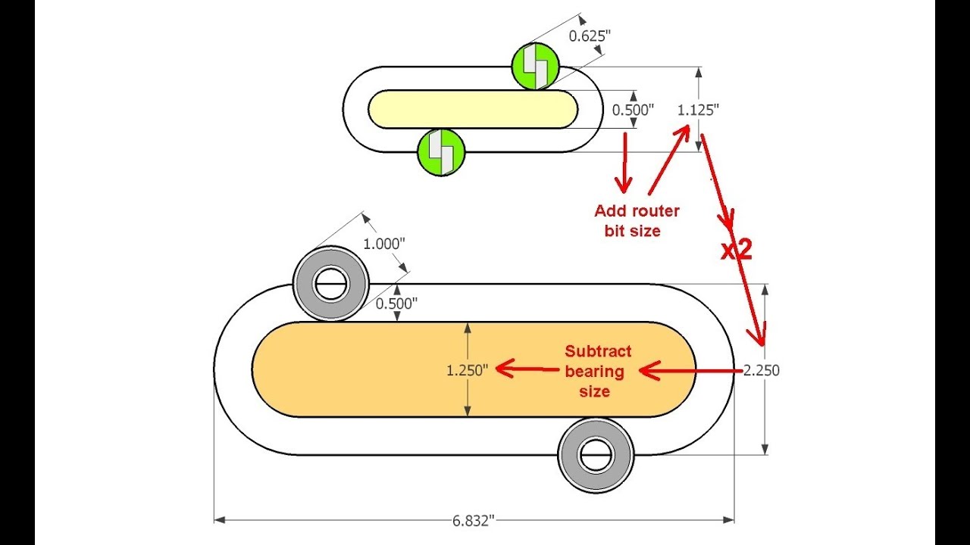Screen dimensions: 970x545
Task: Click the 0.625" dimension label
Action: click(590, 36)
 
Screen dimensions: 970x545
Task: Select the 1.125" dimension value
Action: click(698, 111)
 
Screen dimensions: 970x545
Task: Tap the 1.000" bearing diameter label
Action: click(384, 244)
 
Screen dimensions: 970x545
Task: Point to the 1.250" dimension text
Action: click(468, 371)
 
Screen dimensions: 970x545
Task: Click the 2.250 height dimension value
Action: click(762, 371)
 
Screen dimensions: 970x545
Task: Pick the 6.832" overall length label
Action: click(474, 522)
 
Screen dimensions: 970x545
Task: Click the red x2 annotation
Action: click(737, 251)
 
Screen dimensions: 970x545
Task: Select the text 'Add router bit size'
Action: click(637, 220)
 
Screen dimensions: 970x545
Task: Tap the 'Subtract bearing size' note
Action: click(598, 371)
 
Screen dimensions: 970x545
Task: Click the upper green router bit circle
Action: click(536, 67)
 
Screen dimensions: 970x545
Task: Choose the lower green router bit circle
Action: click(441, 152)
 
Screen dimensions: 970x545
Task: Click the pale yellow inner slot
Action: click(473, 109)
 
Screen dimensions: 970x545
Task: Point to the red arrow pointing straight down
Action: click(624, 163)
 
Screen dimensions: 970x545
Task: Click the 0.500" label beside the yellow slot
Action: click(633, 111)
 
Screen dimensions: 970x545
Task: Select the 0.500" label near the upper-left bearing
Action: click(396, 304)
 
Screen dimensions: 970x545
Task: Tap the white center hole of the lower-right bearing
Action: click(596, 456)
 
